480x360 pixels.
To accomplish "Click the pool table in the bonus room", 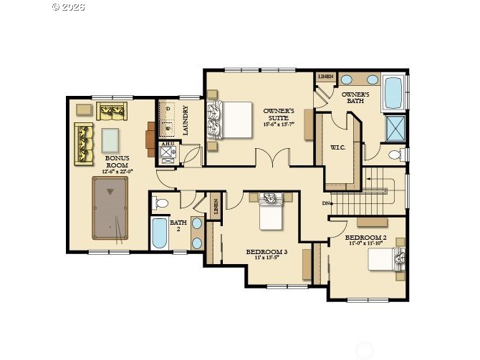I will point(108,209).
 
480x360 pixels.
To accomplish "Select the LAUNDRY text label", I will point(186,121).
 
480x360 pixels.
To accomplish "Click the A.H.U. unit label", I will point(167,145).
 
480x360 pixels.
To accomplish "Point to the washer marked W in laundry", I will point(167,130).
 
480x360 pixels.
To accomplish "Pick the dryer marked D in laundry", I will point(167,110).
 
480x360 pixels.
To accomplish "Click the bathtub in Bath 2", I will point(159,233).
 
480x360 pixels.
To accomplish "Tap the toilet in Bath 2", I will point(160,203).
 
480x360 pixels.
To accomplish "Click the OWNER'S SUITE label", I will point(278,115).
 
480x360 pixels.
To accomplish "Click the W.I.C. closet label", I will point(339,147).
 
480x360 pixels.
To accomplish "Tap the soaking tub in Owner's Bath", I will point(393,92).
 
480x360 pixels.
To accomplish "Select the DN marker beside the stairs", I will point(326,203).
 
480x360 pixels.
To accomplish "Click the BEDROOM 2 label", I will point(365,237).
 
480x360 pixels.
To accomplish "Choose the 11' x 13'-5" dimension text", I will point(267,258).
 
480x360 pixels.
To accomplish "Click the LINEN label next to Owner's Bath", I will point(326,76).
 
